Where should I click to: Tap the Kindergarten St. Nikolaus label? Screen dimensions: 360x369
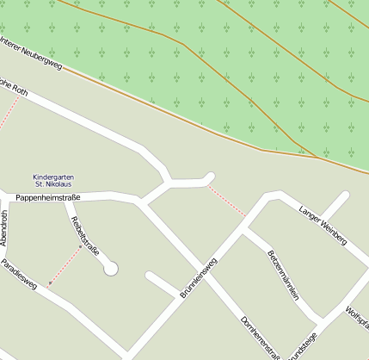[53, 180]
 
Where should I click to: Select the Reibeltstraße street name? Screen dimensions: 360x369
[86, 236]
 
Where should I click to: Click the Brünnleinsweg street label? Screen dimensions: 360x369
[199, 276]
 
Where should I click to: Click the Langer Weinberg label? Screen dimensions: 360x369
[322, 226]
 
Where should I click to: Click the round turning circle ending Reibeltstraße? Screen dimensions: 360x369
[110, 269]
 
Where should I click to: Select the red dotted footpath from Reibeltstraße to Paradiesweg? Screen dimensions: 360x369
[65, 264]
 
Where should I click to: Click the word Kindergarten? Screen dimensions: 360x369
[53, 176]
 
